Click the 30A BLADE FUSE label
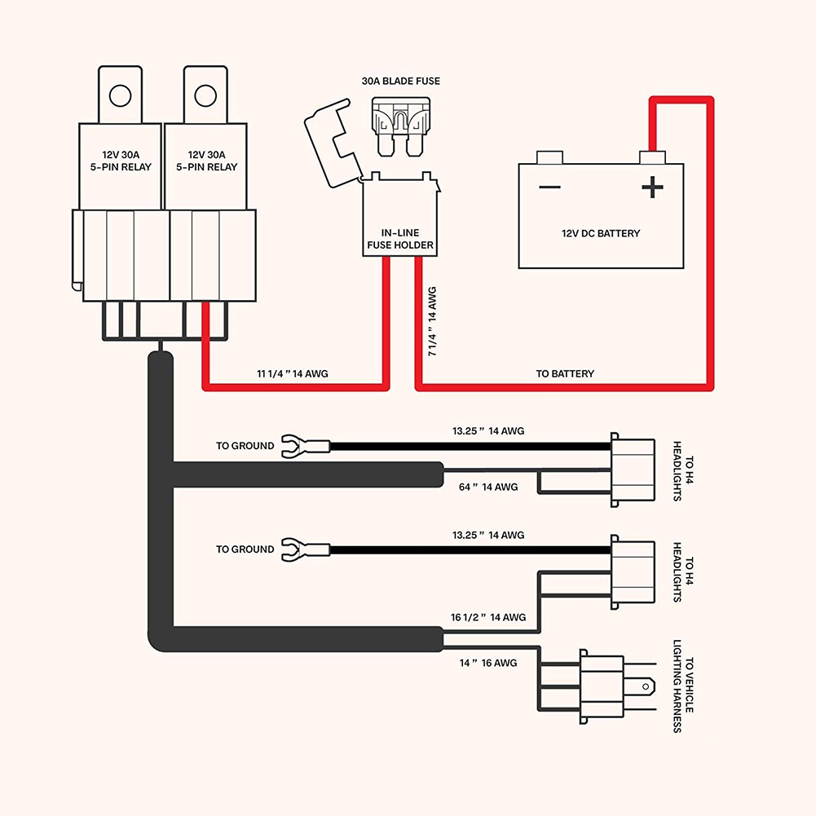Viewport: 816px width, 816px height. point(400,82)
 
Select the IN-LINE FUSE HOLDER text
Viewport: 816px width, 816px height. point(400,239)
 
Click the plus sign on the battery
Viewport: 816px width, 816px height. point(652,188)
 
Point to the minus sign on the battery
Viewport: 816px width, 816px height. point(549,187)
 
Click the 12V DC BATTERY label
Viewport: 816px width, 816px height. point(601,234)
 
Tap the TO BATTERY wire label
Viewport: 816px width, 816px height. point(565,374)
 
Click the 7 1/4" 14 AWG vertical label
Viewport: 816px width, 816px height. point(432,321)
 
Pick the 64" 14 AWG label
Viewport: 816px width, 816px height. point(488,487)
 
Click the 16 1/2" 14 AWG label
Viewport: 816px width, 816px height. point(488,618)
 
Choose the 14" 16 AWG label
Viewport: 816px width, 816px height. point(488,663)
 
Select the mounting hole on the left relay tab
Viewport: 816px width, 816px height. point(120,95)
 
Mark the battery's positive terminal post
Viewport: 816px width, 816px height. point(650,156)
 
